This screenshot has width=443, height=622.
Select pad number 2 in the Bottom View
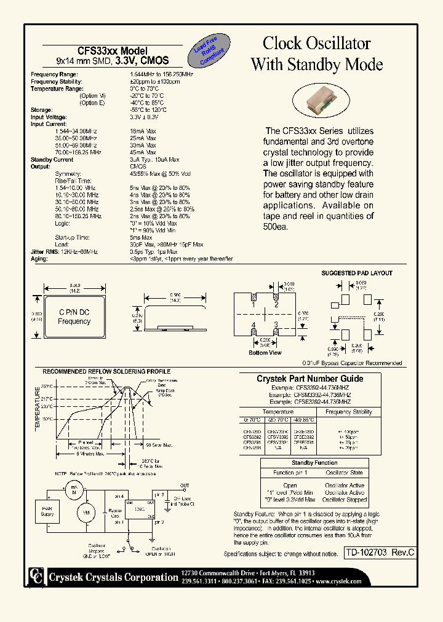click(x=277, y=304)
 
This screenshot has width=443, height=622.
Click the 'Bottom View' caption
click(x=265, y=353)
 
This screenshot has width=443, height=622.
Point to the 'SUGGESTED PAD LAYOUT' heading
click(x=357, y=273)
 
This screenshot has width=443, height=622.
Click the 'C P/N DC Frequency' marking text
click(x=74, y=317)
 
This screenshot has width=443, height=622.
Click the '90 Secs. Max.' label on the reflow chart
click(x=158, y=444)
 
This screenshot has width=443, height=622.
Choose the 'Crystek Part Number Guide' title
click(x=309, y=379)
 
